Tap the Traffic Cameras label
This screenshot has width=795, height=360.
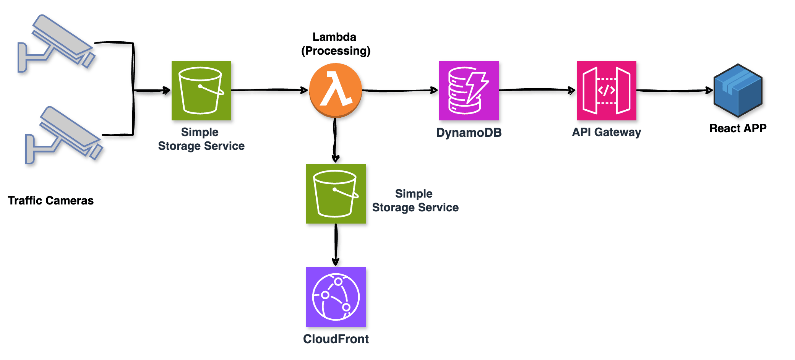click(x=51, y=201)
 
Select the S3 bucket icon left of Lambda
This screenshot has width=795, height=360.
click(x=201, y=91)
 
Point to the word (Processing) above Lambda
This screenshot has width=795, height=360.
click(x=336, y=51)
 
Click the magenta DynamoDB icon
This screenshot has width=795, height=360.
click(x=469, y=91)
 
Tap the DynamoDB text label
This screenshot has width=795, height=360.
click(x=469, y=133)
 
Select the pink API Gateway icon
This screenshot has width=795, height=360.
click(x=607, y=91)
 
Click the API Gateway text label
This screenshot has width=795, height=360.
click(x=607, y=132)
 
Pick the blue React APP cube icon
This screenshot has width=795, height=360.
click(x=738, y=91)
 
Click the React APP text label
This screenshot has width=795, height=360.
click(x=738, y=128)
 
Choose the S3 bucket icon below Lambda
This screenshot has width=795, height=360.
click(x=336, y=194)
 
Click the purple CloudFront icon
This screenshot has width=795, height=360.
click(x=336, y=297)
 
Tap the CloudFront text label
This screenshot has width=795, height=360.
click(x=336, y=339)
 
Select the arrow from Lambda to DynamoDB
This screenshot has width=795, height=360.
click(x=400, y=91)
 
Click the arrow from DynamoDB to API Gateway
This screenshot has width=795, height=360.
click(x=537, y=90)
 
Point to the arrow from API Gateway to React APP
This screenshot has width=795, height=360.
click(x=675, y=91)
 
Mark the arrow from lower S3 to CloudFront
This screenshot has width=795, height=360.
click(x=336, y=245)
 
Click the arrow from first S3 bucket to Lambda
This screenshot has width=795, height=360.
click(x=269, y=90)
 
